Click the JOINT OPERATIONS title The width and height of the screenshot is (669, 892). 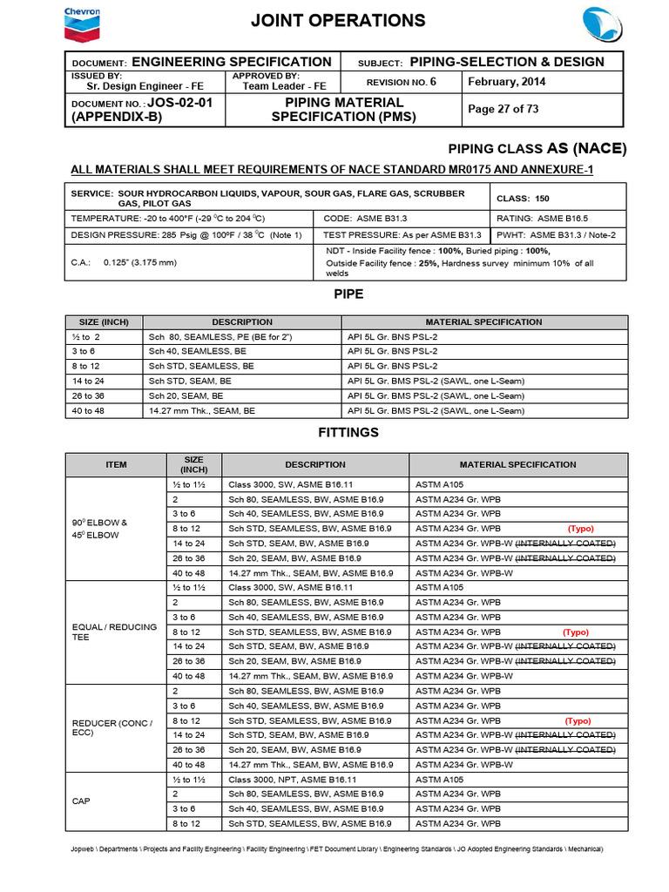click(x=339, y=21)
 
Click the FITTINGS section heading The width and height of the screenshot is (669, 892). click(x=348, y=431)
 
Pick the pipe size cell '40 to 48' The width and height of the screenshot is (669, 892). click(x=87, y=409)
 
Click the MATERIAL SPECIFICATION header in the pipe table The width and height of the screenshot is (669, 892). click(x=483, y=321)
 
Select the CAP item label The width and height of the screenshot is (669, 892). click(x=81, y=801)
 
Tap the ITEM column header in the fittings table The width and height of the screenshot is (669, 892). click(x=116, y=464)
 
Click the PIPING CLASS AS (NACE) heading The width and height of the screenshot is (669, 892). click(x=537, y=148)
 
